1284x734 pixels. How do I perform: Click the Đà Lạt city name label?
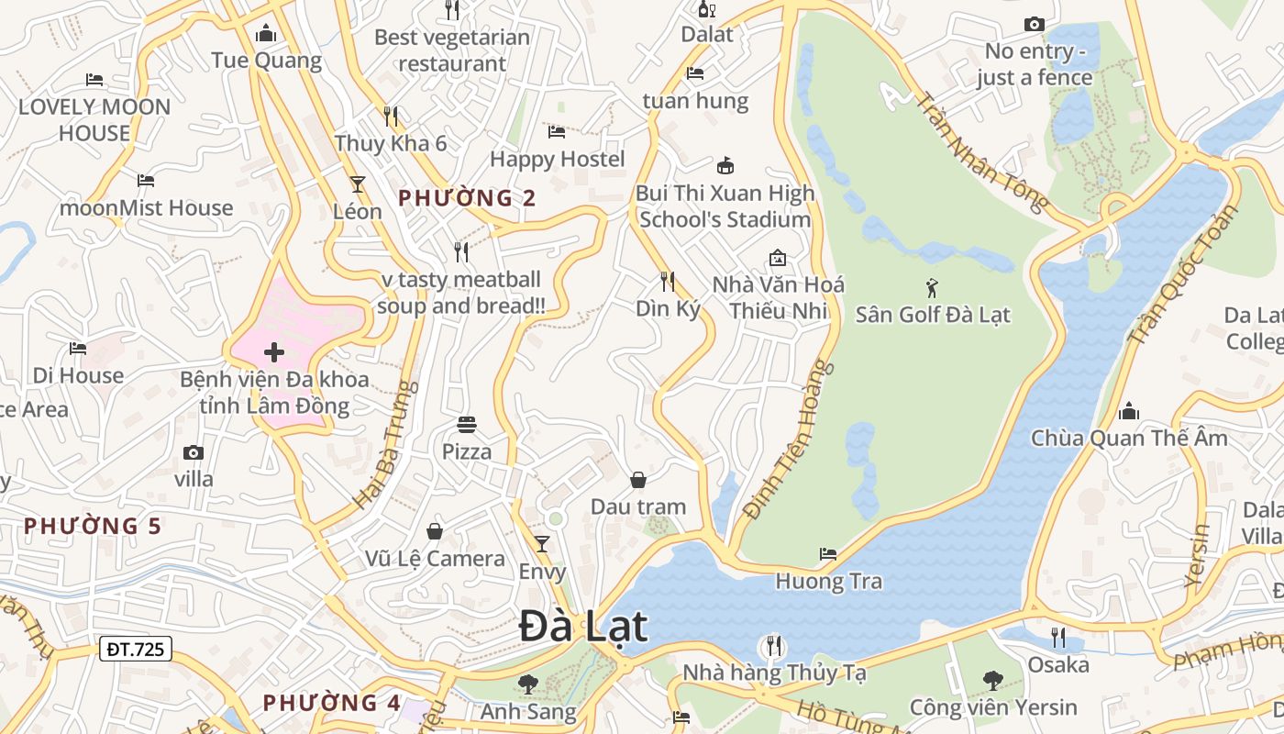[583, 628]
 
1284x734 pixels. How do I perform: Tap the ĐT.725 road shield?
[135, 650]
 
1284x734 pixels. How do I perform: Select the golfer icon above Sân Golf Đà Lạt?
[933, 288]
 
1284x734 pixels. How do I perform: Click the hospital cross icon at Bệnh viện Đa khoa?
[273, 352]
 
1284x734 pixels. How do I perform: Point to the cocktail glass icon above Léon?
[357, 184]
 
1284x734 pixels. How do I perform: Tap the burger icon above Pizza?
[467, 425]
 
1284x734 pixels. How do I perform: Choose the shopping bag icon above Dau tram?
[637, 480]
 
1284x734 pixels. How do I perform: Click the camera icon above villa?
[193, 452]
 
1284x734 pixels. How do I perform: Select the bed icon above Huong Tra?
[828, 554]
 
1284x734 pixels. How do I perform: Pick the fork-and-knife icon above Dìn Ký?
[668, 282]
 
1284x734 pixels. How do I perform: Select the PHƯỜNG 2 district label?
[467, 198]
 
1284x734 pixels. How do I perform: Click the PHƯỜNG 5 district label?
[93, 527]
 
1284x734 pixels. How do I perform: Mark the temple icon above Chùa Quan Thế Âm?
[1129, 411]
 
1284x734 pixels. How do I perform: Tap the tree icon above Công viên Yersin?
[992, 681]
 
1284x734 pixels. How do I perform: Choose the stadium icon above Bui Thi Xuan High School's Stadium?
[725, 166]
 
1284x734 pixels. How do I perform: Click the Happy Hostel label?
[557, 159]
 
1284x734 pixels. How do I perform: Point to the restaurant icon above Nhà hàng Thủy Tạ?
[774, 646]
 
